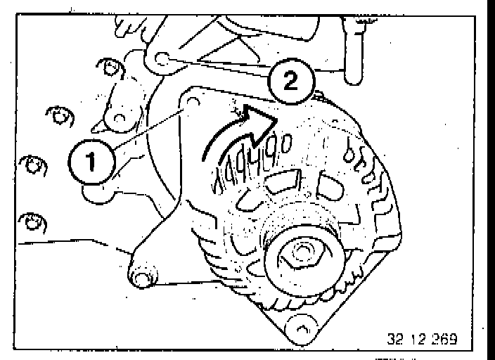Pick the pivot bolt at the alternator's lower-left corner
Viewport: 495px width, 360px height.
(142, 279)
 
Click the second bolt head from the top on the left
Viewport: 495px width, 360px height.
(58, 115)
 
